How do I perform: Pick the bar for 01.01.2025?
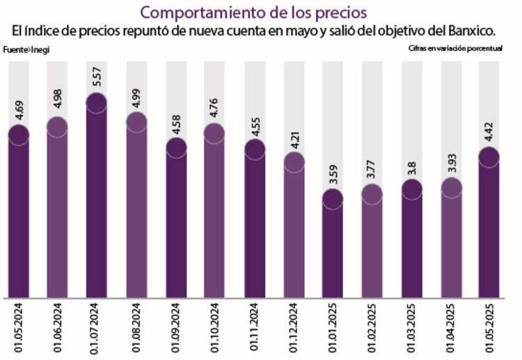(x=333, y=251)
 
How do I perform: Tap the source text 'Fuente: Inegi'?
(x=27, y=50)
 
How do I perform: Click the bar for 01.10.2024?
(x=215, y=223)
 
